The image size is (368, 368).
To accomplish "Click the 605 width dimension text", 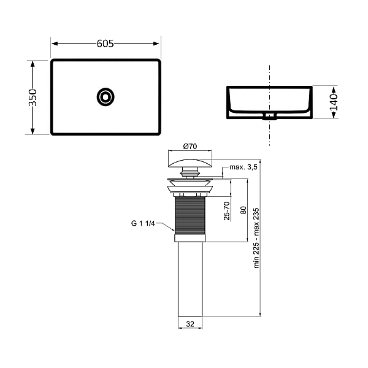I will click(x=105, y=44).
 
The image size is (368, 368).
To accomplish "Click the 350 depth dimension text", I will click(x=33, y=97).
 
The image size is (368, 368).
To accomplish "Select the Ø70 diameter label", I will click(x=190, y=147).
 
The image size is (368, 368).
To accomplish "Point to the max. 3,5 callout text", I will click(x=243, y=167).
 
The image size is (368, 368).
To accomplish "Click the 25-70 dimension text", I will click(x=226, y=211).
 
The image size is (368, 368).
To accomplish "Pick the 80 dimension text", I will click(x=243, y=209).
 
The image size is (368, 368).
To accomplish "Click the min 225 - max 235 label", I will click(x=257, y=236).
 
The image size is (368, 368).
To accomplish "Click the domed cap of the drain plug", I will click(x=190, y=162).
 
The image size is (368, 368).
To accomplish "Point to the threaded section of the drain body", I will click(x=190, y=214).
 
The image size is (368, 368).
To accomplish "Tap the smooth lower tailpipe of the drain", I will click(x=190, y=276).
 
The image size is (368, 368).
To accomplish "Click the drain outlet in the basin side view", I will click(x=269, y=115).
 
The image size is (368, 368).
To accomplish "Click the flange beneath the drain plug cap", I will click(x=190, y=180).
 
